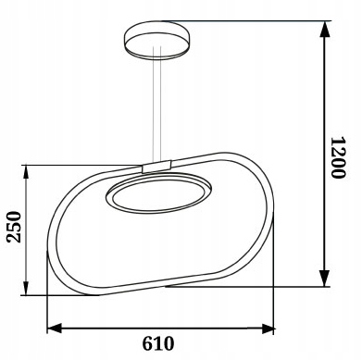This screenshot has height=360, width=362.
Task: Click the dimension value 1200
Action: click(x=338, y=157)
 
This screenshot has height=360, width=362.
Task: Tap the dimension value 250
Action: click(x=15, y=227)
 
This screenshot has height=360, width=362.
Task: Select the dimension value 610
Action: click(x=158, y=343)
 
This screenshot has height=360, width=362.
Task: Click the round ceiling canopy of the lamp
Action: click(x=156, y=40)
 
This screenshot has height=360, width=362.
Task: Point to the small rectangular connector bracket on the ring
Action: click(x=156, y=167)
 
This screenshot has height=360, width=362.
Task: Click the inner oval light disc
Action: click(x=158, y=194)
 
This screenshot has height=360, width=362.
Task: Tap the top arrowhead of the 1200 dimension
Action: click(x=324, y=30)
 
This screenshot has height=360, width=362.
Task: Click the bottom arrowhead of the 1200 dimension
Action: click(x=324, y=279)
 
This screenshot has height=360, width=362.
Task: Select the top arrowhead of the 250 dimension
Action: click(x=26, y=172)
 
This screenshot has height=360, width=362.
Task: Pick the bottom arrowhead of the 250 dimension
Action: click(x=26, y=288)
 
